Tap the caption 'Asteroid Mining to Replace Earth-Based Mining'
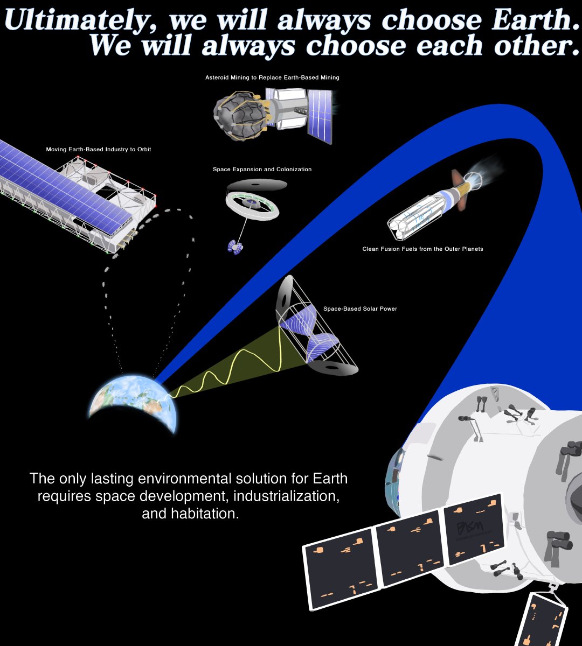pos(272,78)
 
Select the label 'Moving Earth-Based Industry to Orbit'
pos(99,149)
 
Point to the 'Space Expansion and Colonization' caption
pos(262,169)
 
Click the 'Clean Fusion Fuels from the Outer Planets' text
pos(422,249)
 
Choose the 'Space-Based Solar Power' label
pos(360,308)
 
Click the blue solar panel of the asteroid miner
pos(319,116)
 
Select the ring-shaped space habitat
pos(252,205)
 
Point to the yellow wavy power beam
pos(232,366)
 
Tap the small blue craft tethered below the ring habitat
pos(235,247)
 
